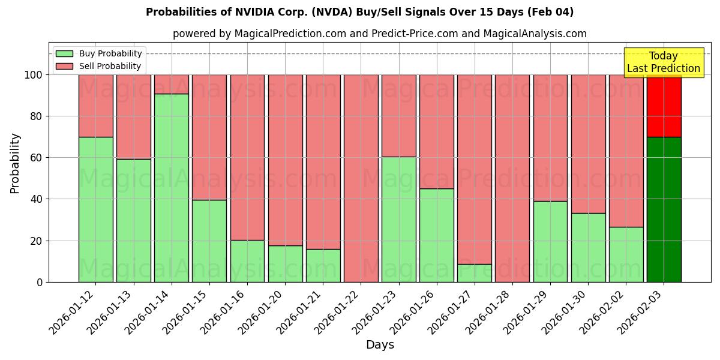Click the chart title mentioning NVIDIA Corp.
tap(359, 12)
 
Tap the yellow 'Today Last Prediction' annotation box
tap(663, 62)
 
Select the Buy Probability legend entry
tap(98, 53)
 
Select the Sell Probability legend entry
tap(98, 66)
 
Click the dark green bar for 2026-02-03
tap(664, 210)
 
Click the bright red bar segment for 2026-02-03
tap(664, 106)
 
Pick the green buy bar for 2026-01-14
tap(171, 188)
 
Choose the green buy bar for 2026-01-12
tap(95, 209)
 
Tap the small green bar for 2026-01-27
tap(474, 273)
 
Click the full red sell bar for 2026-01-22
tap(361, 178)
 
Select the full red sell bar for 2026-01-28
tap(512, 178)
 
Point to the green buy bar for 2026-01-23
tap(398, 219)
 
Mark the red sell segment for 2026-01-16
tap(247, 157)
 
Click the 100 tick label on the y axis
tap(33, 75)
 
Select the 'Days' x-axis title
tap(380, 345)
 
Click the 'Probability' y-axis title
tap(15, 163)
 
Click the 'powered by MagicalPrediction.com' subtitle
tap(379, 34)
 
